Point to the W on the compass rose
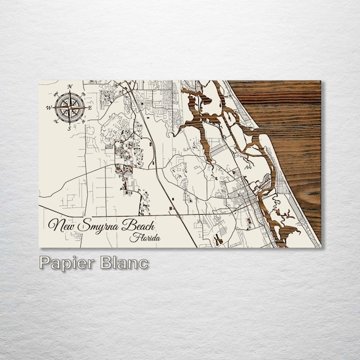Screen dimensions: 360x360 click(48, 108)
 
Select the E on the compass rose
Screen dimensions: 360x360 click(90, 108)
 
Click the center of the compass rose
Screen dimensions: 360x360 click(69, 107)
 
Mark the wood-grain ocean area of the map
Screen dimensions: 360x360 click(291, 145)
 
